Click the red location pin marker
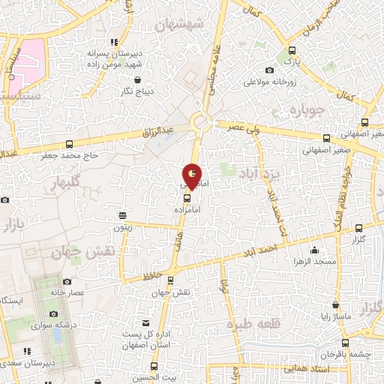pos(193,175)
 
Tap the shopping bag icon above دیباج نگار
pos(137,79)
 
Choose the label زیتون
pos(122,226)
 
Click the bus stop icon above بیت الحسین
pos(154,367)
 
